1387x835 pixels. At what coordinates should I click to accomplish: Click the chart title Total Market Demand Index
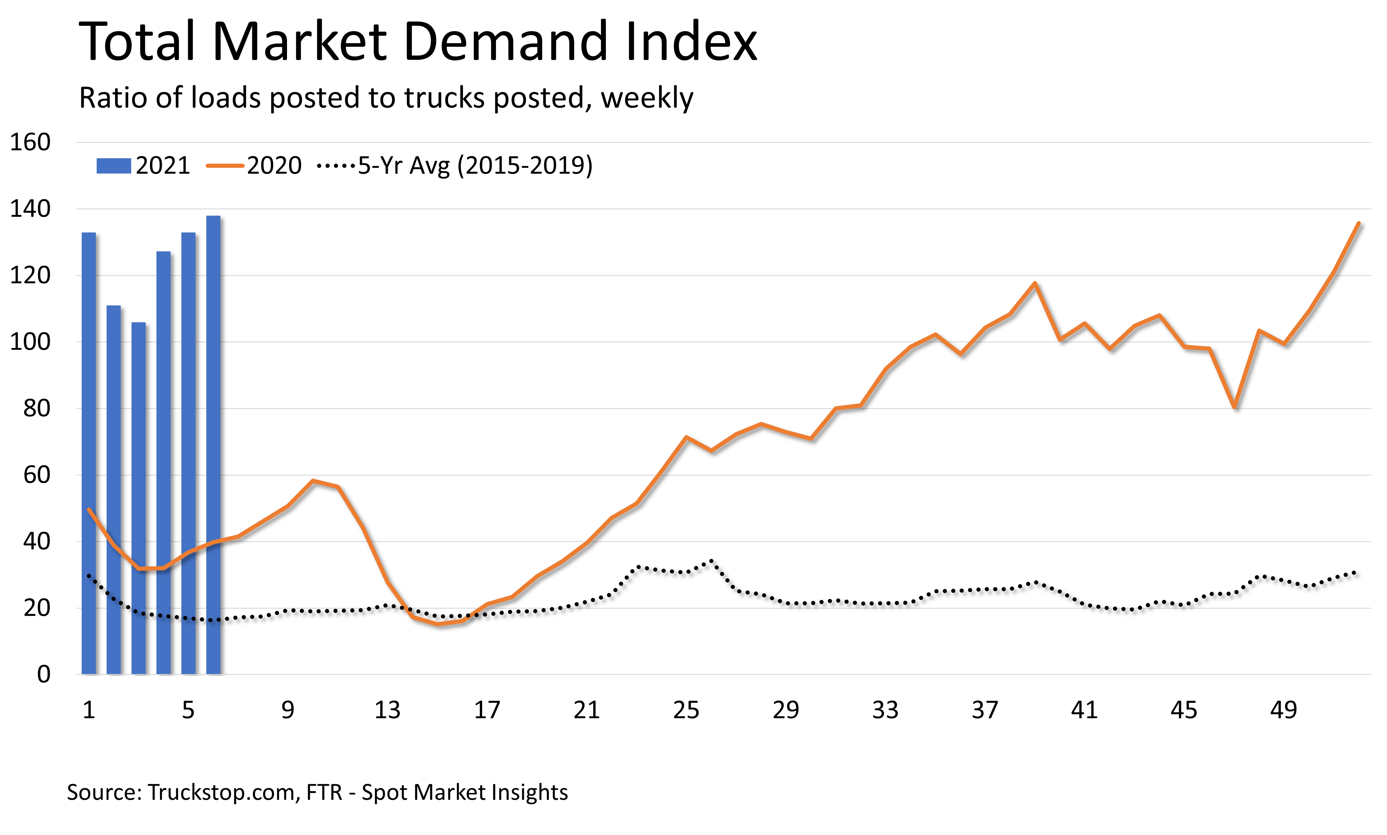pos(417,42)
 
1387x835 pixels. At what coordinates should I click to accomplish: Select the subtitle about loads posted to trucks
pos(386,98)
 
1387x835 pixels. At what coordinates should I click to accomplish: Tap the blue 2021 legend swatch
pos(113,166)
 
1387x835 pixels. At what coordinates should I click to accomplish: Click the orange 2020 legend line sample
pos(225,166)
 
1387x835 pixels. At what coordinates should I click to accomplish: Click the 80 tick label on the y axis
pos(37,409)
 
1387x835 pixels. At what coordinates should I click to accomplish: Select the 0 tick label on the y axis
pos(43,674)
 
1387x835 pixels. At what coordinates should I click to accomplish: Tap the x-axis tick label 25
pos(686,710)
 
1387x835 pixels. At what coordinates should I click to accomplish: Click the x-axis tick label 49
pos(1283,710)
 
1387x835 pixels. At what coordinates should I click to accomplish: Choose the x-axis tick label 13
pos(387,710)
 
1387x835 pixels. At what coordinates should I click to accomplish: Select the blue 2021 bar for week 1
pos(89,450)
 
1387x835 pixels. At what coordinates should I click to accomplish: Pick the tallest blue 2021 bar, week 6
pos(213,444)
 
